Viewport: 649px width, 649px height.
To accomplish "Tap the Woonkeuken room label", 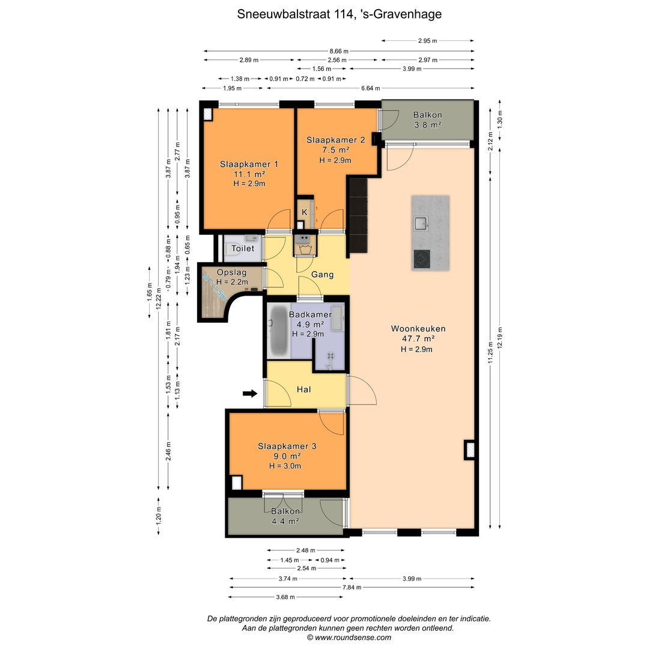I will (418, 329).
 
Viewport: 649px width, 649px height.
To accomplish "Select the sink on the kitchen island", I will (421, 223).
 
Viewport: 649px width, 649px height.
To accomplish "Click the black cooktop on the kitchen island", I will (422, 258).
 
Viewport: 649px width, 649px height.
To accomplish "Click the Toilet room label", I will (243, 248).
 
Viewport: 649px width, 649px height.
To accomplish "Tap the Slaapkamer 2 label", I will (335, 140).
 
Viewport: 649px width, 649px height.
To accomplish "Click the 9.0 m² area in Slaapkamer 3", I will (287, 456).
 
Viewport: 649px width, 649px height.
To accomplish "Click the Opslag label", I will (228, 272).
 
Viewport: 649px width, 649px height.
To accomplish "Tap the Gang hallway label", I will (322, 275).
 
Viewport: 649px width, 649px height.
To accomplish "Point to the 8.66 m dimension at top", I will (338, 51).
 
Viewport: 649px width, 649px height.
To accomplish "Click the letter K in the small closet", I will (304, 212).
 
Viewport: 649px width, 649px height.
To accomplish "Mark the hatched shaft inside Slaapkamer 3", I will (236, 483).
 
